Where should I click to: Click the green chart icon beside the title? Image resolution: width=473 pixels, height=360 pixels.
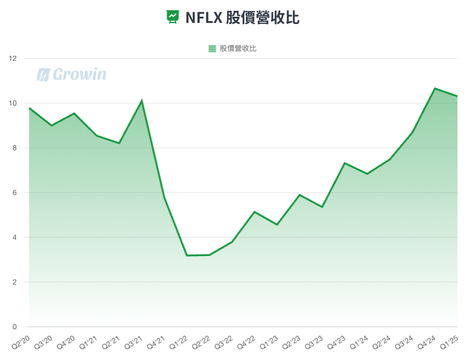pos(173,17)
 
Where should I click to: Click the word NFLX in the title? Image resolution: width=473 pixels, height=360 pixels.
pos(204,17)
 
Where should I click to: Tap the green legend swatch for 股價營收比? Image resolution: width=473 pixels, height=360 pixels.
pos(212,49)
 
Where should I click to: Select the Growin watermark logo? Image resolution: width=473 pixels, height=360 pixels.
pos(72,74)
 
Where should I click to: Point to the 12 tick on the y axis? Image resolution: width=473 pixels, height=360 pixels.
pos(13,59)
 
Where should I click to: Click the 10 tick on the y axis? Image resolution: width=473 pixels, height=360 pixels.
pos(13,103)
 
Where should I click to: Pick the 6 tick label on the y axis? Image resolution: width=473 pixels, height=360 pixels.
pos(15,193)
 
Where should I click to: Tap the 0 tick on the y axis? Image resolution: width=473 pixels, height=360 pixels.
pos(15,327)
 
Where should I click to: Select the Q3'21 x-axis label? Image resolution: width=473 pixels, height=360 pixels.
pos(133,339)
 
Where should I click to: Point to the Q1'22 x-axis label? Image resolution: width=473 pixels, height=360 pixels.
pos(178,339)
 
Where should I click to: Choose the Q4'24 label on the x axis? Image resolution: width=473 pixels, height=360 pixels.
pos(426,339)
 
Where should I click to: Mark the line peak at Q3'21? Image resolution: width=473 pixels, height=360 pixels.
pos(142,101)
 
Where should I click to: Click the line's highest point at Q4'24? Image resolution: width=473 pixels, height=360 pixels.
pos(435,88)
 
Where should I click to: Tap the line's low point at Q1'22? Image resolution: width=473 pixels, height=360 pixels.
pos(187,255)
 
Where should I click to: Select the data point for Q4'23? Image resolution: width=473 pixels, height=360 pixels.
pos(345,163)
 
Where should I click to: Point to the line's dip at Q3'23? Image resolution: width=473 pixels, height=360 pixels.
pos(322,207)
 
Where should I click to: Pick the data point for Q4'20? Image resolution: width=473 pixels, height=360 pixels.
pos(74,113)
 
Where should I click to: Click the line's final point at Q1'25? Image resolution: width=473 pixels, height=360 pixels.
pos(457,96)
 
